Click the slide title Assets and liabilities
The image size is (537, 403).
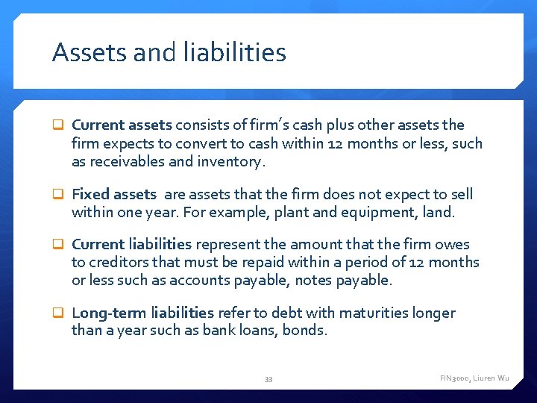169,53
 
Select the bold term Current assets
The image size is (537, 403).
122,125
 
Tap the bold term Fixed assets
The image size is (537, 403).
113,195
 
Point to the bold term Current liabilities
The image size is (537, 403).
131,244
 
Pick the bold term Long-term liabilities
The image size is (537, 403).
142,313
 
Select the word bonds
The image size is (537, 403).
304,330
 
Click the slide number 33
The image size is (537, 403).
268,379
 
